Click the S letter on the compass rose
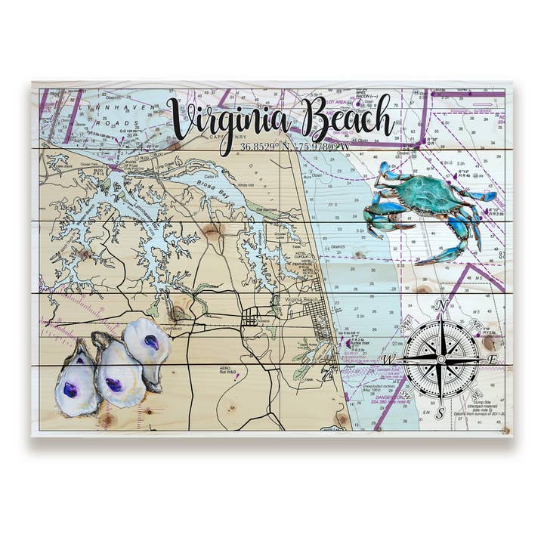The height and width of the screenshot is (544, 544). coord(440,413)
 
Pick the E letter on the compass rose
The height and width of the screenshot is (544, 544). coord(493,360)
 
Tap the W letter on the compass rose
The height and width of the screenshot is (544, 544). coord(391,357)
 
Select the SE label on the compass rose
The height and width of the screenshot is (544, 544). coord(477,395)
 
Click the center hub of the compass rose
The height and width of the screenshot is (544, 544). coord(441,359)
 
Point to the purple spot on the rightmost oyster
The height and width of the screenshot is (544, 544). coord(152,342)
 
